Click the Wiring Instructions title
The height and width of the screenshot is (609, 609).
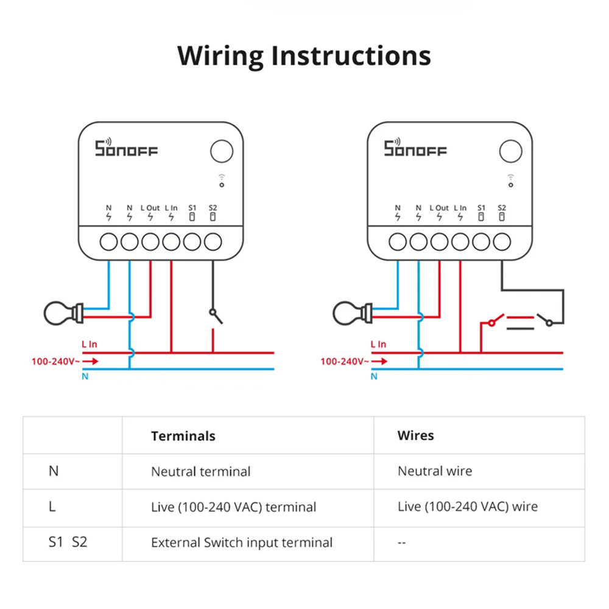(x=304, y=55)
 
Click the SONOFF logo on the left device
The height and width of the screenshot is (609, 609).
(x=126, y=148)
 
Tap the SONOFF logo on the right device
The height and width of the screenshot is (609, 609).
(x=415, y=148)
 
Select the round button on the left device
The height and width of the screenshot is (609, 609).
(x=222, y=151)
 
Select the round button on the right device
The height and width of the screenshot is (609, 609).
(x=510, y=151)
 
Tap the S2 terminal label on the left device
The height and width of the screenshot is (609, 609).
(x=212, y=208)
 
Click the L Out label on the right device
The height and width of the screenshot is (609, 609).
(x=439, y=208)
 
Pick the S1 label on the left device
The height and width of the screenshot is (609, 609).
(x=192, y=208)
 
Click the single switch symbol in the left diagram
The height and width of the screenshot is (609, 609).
(x=214, y=316)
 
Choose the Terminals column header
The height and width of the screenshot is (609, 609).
(x=183, y=435)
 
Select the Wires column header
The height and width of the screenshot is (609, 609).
(x=415, y=435)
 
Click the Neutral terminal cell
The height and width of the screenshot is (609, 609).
(x=200, y=471)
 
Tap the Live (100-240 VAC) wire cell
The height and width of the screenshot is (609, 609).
(x=467, y=507)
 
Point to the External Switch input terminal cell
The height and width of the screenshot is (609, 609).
(x=242, y=542)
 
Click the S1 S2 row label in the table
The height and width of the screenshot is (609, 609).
(x=68, y=541)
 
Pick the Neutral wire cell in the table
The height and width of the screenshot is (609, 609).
(x=434, y=471)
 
